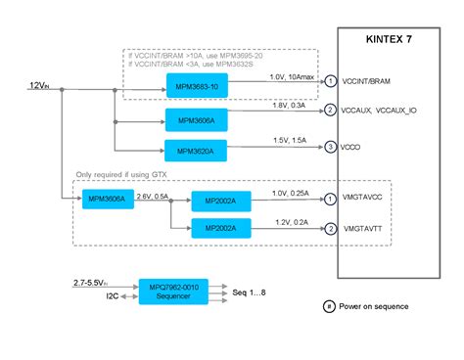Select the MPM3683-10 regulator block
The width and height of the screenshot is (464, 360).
pyautogui.click(x=196, y=86)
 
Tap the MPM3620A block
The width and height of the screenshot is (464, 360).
pyautogui.click(x=196, y=152)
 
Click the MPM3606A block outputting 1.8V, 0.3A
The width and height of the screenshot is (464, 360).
pyautogui.click(x=196, y=119)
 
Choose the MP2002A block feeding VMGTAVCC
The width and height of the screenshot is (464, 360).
pyautogui.click(x=220, y=201)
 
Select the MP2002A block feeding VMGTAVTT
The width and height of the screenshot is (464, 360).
pyautogui.click(x=220, y=229)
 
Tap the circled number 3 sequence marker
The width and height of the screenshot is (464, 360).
pyautogui.click(x=331, y=147)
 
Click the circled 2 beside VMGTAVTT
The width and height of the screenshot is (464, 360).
pyautogui.click(x=331, y=229)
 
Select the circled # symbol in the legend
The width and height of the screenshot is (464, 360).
pyautogui.click(x=329, y=306)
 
